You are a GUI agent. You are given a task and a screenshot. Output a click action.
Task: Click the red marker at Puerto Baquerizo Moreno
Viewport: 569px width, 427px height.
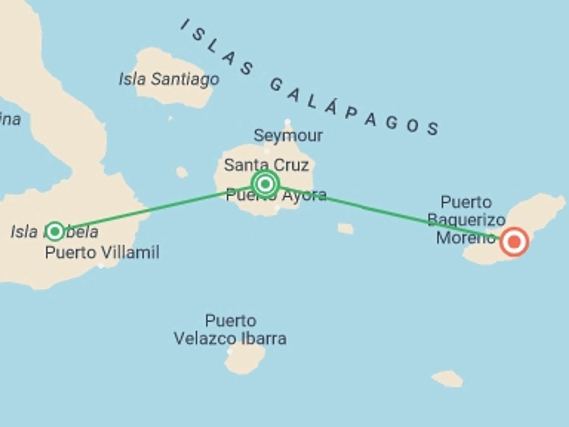514,242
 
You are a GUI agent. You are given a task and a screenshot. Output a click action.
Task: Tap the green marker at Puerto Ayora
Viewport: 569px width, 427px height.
265,184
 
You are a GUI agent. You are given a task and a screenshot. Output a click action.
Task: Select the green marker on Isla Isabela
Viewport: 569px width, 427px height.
55,231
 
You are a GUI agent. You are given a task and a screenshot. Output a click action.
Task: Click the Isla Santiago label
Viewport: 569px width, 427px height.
169,79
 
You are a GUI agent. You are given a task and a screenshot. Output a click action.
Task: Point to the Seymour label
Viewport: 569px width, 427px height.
288,136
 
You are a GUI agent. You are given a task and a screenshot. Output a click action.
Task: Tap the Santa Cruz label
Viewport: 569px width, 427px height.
266,165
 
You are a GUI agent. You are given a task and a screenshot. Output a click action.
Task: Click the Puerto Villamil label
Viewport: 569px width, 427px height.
102,253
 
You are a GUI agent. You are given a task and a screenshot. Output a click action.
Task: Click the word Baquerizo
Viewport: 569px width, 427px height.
466,220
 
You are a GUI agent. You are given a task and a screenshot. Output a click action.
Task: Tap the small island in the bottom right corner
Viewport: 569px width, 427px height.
448,379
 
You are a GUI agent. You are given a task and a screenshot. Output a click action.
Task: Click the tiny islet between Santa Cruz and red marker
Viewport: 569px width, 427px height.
346,229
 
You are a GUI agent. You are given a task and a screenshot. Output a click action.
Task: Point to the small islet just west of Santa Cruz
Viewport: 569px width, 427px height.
182,172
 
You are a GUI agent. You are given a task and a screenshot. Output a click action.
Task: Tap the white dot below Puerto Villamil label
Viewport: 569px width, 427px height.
101,266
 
